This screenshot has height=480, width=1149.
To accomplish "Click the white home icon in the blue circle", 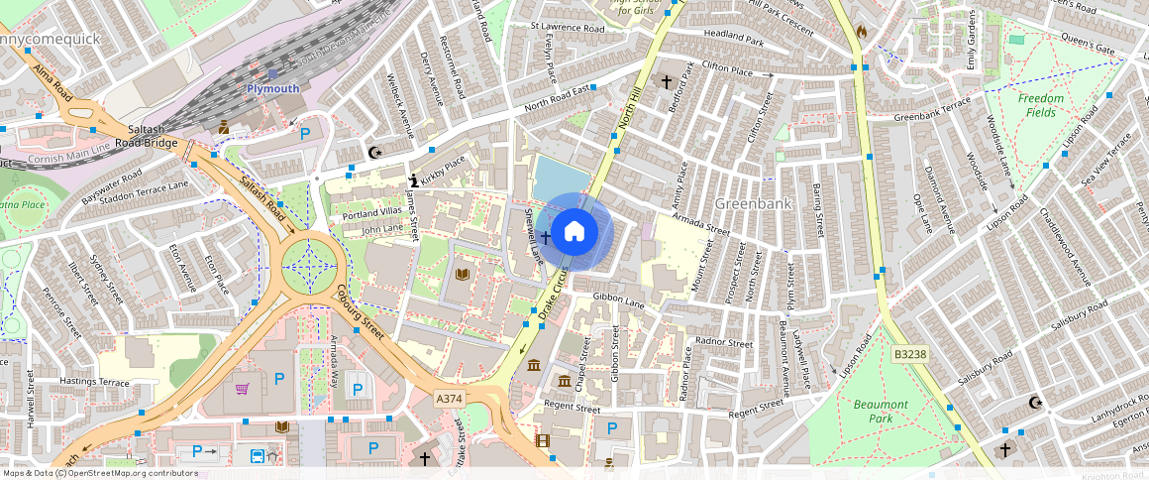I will pyautogui.click(x=574, y=232).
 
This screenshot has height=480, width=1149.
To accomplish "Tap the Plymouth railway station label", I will pyautogui.click(x=272, y=88).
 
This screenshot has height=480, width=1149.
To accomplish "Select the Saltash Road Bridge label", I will pyautogui.click(x=153, y=136).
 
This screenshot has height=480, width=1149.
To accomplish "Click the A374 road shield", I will pyautogui.click(x=450, y=398).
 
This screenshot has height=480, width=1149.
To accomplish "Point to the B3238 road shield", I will pyautogui.click(x=909, y=353).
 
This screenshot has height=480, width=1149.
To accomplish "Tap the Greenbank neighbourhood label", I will pyautogui.click(x=753, y=203).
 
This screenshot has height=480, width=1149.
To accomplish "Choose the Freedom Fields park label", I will pyautogui.click(x=1041, y=105).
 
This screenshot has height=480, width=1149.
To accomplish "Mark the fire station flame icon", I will pyautogui.click(x=861, y=32).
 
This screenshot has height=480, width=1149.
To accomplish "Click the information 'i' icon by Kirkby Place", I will pyautogui.click(x=414, y=180).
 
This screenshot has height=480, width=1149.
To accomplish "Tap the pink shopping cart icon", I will pyautogui.click(x=242, y=388).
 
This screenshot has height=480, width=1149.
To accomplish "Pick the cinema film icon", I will pyautogui.click(x=542, y=439).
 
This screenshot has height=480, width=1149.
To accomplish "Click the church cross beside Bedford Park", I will pyautogui.click(x=666, y=81).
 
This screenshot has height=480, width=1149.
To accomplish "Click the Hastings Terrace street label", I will pyautogui.click(x=94, y=381).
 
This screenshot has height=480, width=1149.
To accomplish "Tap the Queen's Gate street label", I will pyautogui.click(x=1089, y=46).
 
